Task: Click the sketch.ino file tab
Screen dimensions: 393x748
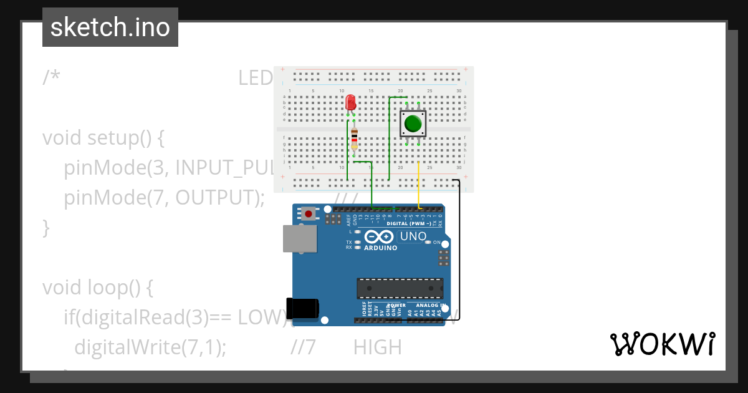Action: coord(110,27)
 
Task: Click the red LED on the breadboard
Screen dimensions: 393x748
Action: coord(350,102)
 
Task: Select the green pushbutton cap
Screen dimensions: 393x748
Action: coord(413,124)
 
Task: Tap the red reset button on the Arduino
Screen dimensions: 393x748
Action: coord(309,215)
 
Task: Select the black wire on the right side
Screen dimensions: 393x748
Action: coord(459,250)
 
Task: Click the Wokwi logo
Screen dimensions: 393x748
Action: coord(662,344)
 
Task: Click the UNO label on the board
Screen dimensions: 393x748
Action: coord(413,236)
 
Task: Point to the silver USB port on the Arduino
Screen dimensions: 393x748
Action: coord(299,238)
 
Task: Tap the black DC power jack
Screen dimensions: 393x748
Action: coord(303,308)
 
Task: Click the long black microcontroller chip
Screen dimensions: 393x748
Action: coord(400,288)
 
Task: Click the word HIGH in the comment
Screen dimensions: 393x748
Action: coord(377,347)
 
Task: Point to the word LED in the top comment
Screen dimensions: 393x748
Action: coord(256,78)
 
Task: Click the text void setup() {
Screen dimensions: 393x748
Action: coord(103,138)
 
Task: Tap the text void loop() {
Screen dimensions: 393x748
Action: coord(97,288)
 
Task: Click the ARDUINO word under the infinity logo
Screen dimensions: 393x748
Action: coord(380,248)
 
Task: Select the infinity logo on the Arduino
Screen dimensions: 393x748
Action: coord(379,236)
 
